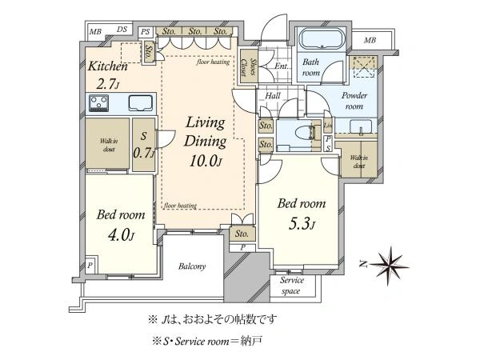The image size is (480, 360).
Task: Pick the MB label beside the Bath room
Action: (370, 39)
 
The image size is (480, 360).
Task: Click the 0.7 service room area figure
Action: (144, 152)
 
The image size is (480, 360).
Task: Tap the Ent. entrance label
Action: (281, 67)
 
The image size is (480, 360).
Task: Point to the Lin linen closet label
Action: (329, 125)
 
